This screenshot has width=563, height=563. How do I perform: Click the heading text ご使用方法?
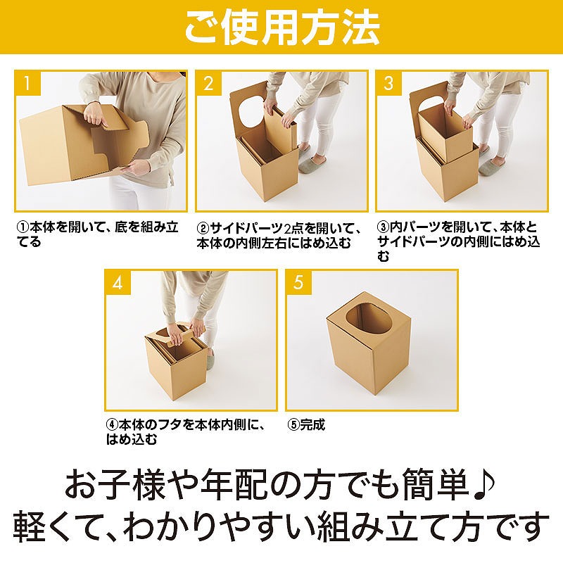[282, 27]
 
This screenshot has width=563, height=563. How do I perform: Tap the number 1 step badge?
[27, 83]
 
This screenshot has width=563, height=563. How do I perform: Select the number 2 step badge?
[208, 83]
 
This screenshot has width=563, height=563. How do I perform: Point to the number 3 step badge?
[388, 83]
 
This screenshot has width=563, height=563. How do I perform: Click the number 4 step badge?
[118, 283]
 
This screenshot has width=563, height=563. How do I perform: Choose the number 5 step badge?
[298, 283]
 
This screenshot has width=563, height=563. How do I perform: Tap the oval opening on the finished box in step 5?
[367, 319]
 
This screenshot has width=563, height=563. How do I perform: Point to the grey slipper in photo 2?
[312, 164]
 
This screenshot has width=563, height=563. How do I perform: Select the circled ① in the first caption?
[23, 227]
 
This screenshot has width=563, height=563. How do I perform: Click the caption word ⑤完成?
[306, 425]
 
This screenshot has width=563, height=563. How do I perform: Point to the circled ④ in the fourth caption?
[112, 425]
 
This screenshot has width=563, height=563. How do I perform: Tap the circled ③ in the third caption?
[383, 227]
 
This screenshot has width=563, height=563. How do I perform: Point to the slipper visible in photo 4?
[210, 356]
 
